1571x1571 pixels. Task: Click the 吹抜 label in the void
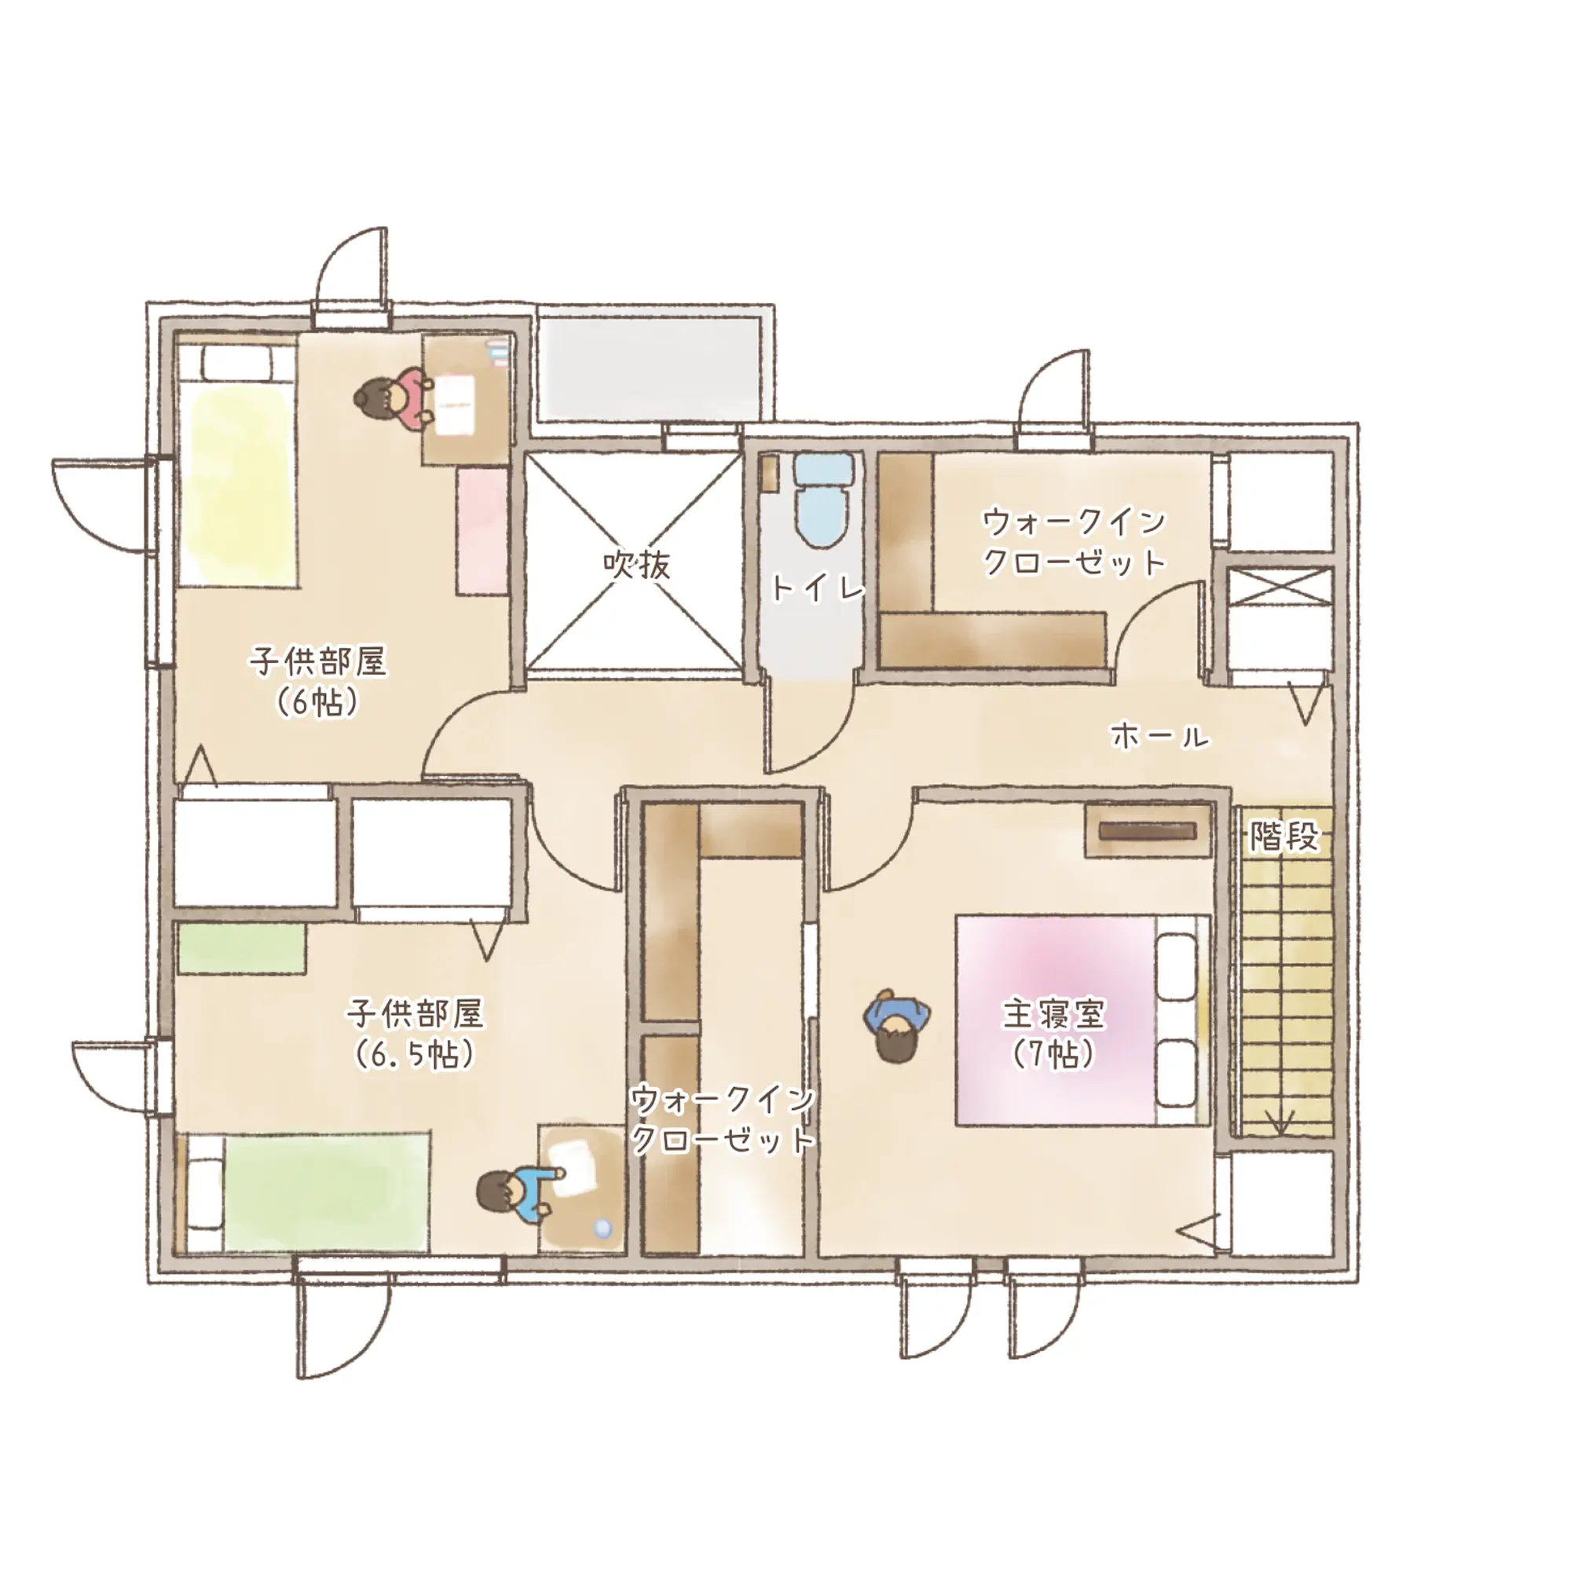tap(637, 563)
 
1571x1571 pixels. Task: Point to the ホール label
tap(1159, 736)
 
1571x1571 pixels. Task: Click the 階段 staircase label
tap(1284, 836)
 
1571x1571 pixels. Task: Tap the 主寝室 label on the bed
tap(1054, 1014)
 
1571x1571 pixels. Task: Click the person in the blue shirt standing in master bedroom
tap(896, 1026)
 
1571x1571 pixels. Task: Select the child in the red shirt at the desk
tap(393, 398)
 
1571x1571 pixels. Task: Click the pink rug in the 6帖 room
tap(482, 530)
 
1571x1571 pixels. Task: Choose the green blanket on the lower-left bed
tap(327, 1193)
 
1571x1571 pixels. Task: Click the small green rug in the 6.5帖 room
tap(241, 947)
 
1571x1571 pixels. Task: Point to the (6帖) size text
tap(317, 701)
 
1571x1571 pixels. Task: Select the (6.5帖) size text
tap(415, 1055)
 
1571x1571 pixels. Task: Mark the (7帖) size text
tap(1054, 1054)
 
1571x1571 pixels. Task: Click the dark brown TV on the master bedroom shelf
tap(1148, 831)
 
